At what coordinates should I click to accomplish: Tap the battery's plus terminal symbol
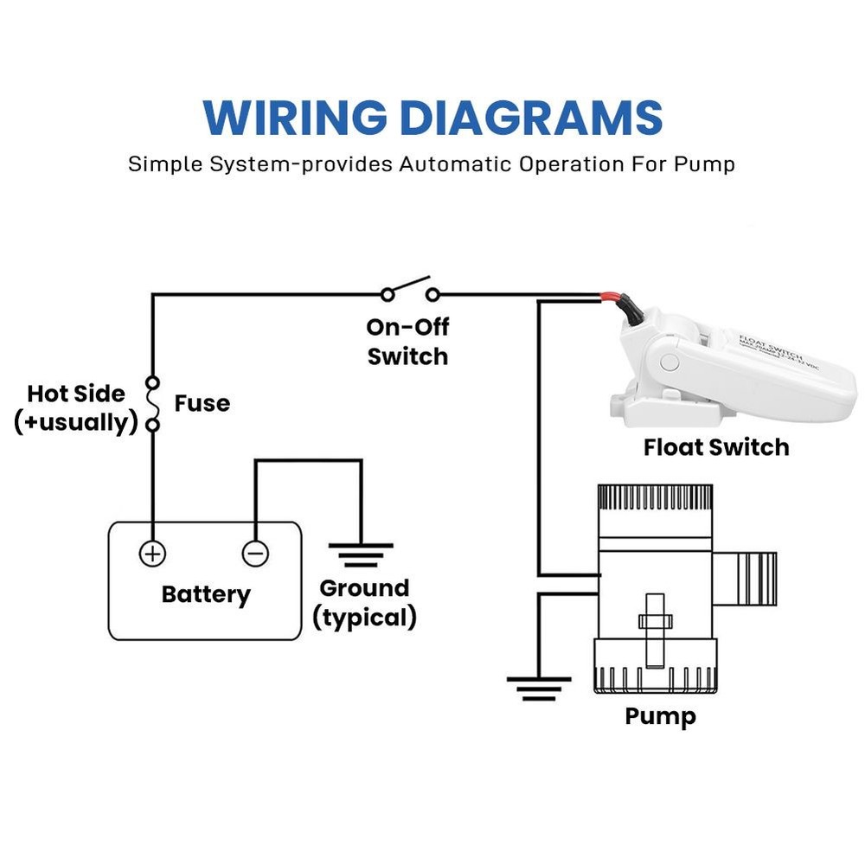[x=152, y=553]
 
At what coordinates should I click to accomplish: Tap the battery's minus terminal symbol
[x=255, y=553]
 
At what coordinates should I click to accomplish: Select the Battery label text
[x=206, y=595]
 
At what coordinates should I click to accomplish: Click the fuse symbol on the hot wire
[x=153, y=403]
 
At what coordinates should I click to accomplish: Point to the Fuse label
[x=202, y=403]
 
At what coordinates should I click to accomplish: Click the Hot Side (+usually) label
[x=76, y=408]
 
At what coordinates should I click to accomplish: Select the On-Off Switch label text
[x=407, y=342]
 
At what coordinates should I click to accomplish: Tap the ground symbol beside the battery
[x=360, y=554]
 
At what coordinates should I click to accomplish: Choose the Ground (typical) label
[x=364, y=603]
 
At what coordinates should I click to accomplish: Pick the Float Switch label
[x=716, y=447]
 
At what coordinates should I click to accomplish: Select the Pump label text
[x=660, y=717]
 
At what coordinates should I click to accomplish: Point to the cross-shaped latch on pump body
[x=654, y=621]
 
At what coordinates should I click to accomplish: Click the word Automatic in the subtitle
[x=455, y=163]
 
